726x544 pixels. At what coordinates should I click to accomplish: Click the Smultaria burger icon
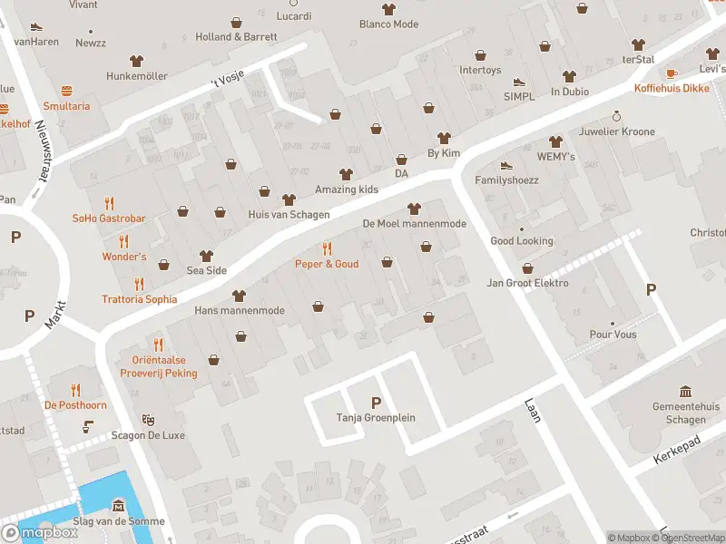click(66, 91)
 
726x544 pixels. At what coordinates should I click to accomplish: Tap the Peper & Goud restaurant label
click(327, 264)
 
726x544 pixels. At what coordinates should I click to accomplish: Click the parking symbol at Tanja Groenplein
click(376, 403)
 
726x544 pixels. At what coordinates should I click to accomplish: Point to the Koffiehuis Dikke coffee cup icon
click(672, 73)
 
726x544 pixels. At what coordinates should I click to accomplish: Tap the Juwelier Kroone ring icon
click(616, 116)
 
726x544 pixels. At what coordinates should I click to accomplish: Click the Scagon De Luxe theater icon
click(148, 421)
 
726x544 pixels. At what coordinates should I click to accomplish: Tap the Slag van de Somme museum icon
click(118, 505)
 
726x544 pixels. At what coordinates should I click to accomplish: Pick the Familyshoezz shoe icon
click(506, 165)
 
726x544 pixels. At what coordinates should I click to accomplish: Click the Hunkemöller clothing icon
click(137, 61)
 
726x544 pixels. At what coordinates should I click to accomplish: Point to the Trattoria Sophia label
click(139, 299)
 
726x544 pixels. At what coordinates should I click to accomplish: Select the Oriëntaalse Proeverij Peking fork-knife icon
click(158, 344)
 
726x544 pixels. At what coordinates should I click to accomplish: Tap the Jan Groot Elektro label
click(528, 283)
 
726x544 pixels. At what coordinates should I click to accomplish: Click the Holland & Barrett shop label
click(236, 37)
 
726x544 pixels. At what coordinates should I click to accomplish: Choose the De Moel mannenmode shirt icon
click(415, 209)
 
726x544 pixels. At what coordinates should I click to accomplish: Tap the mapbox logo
click(40, 533)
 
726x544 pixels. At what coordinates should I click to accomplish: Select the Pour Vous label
click(613, 335)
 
